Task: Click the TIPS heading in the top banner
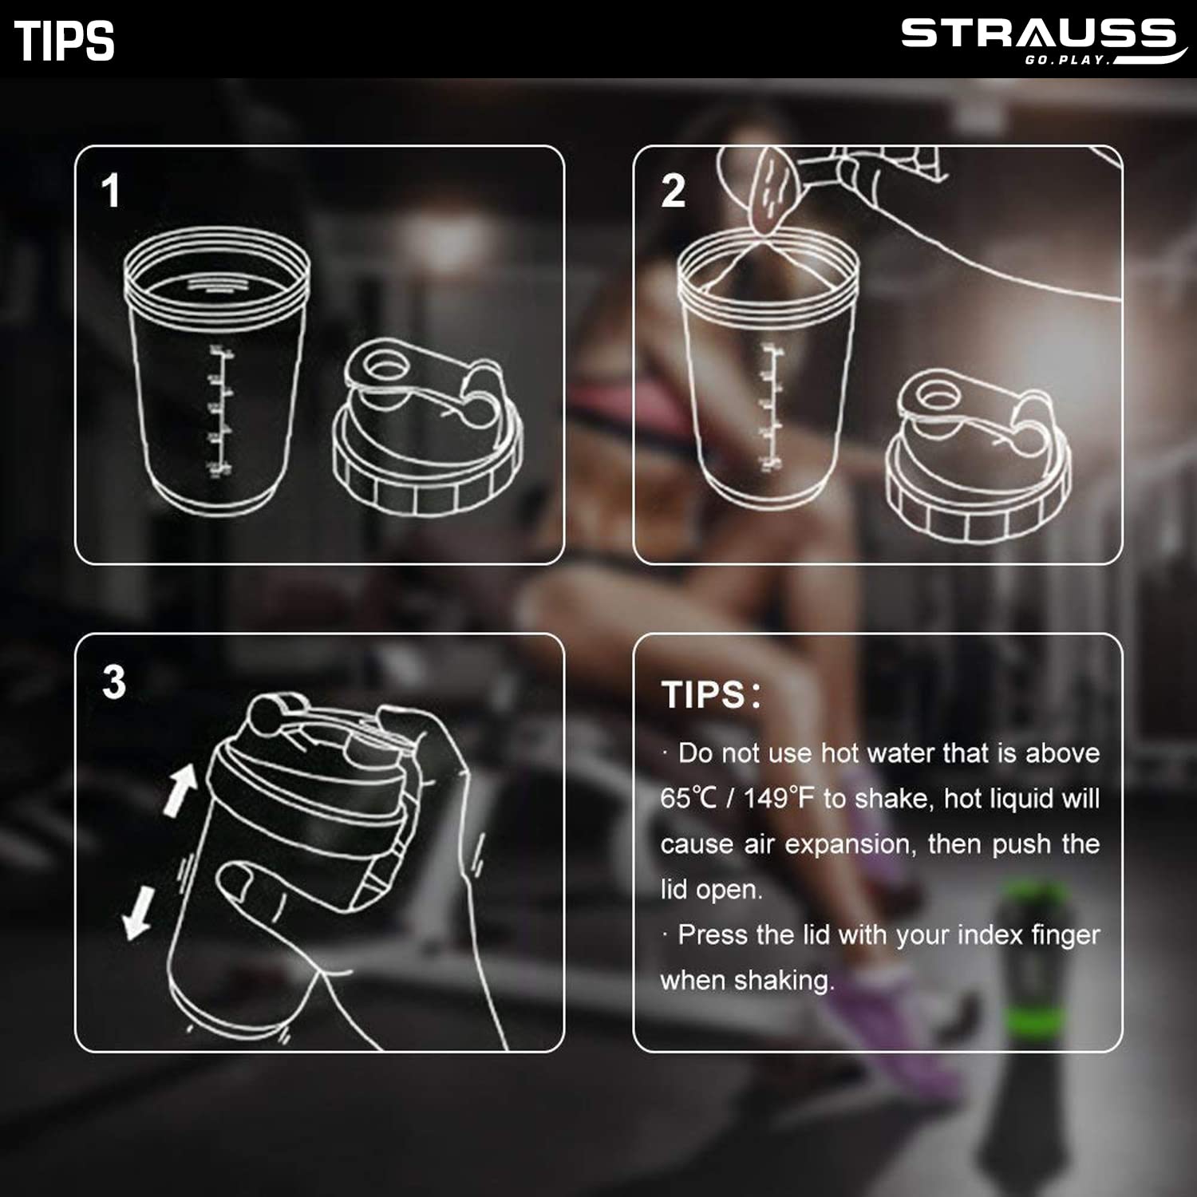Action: (65, 41)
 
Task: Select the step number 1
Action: (111, 192)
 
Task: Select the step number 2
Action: (673, 192)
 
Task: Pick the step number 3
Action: (114, 682)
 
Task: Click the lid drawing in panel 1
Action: (428, 428)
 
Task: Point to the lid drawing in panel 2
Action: (978, 455)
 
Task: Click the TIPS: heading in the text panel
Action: (711, 695)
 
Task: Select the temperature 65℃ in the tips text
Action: (689, 798)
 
